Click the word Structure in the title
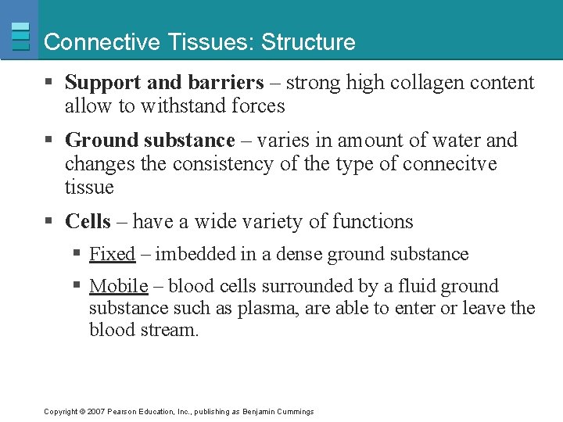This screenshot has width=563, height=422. (308, 42)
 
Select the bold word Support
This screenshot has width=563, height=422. (100, 83)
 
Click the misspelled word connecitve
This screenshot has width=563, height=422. (451, 164)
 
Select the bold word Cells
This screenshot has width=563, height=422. (88, 222)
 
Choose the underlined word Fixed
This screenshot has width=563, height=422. (112, 254)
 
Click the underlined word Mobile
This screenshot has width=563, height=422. (118, 286)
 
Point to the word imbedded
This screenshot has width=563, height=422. (191, 254)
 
